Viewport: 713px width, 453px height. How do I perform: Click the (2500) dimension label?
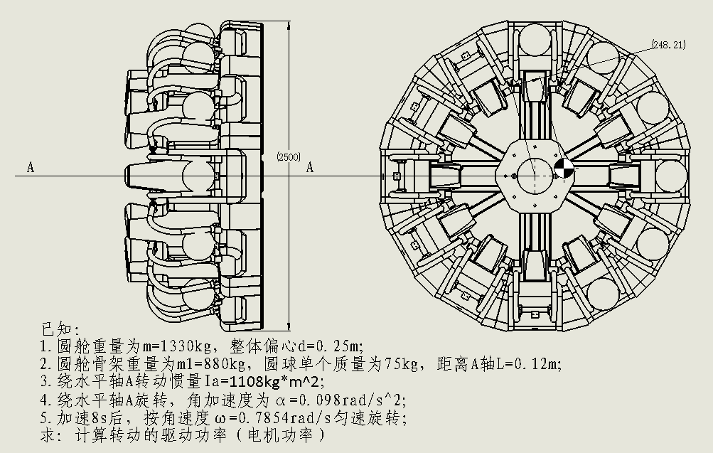(287, 157)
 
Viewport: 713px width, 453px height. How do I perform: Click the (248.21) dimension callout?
(668, 45)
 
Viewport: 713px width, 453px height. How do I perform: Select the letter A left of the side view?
(31, 167)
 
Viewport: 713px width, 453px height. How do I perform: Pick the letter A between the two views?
(310, 168)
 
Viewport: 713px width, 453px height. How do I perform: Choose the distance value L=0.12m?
(522, 364)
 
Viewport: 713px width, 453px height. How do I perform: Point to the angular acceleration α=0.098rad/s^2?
(338, 398)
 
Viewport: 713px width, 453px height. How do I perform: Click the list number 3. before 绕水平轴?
(46, 381)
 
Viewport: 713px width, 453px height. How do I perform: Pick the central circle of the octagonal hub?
(531, 171)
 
